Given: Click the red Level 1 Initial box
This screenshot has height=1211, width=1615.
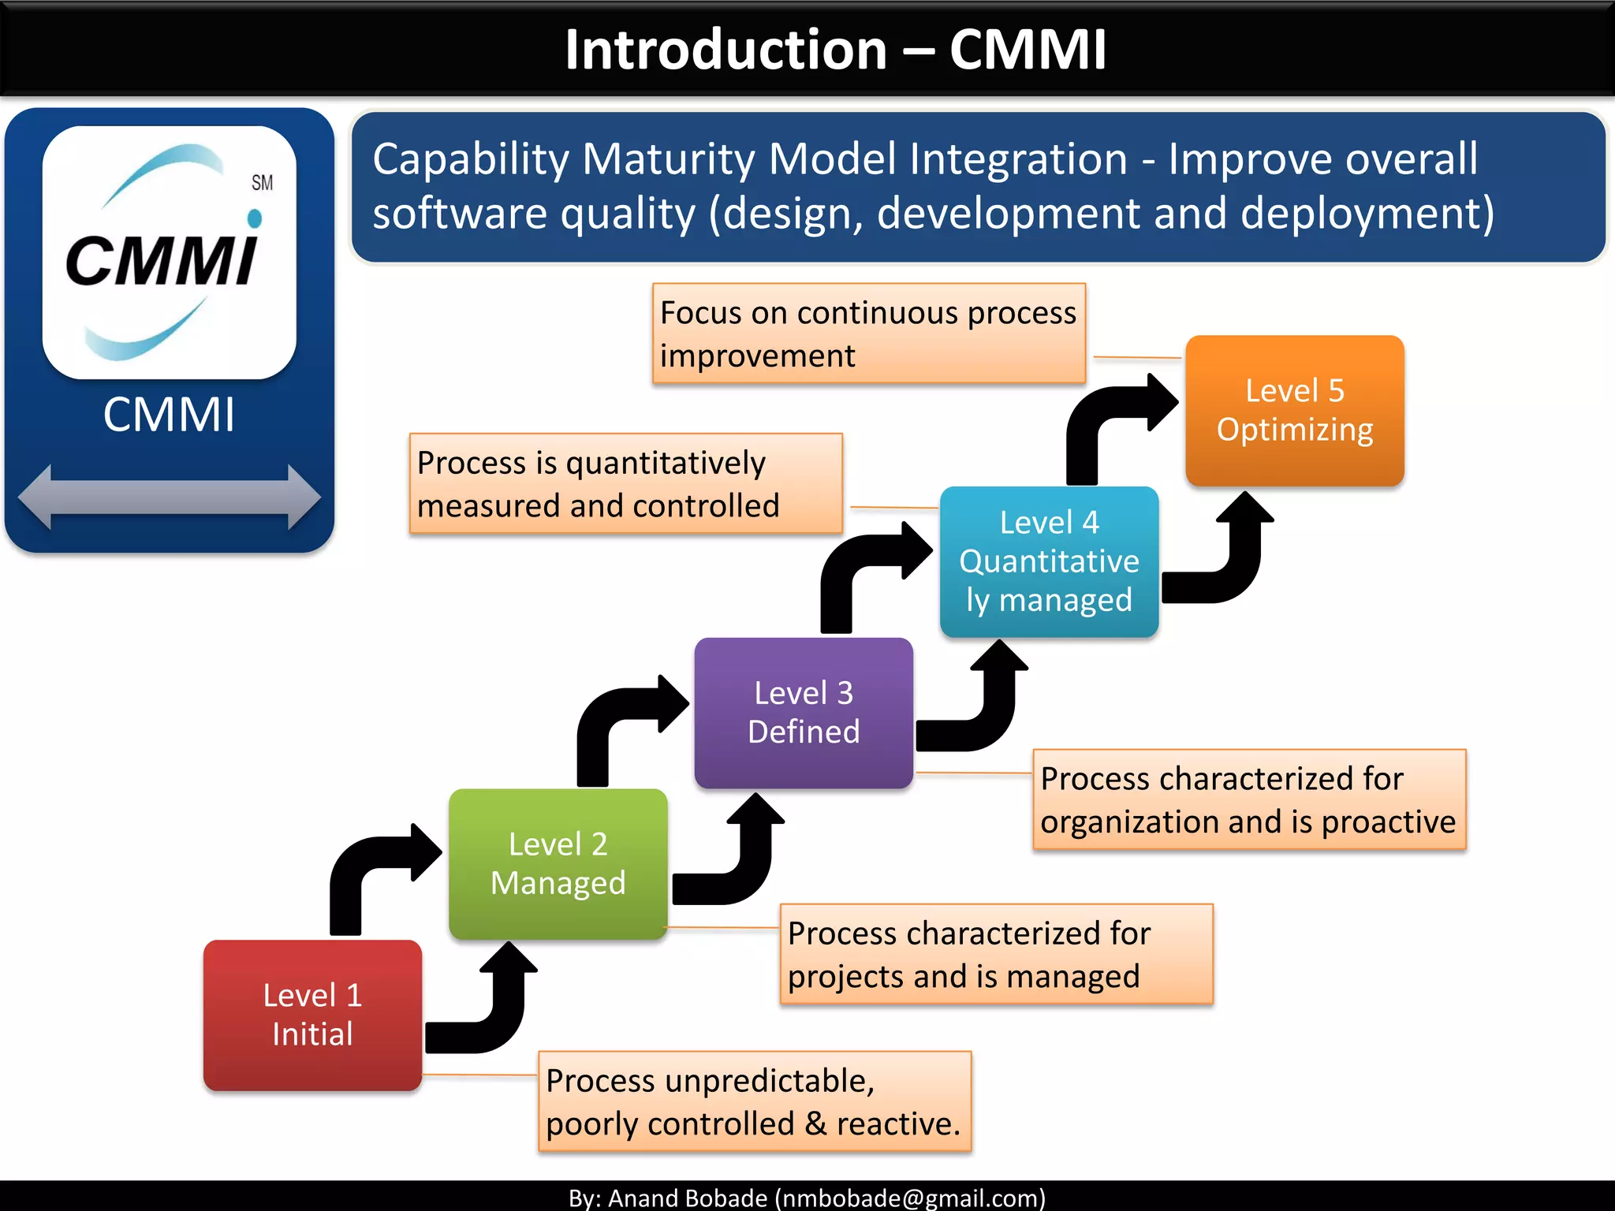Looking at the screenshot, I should (x=312, y=1015).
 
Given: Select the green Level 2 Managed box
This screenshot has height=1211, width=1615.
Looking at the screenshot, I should (x=558, y=863).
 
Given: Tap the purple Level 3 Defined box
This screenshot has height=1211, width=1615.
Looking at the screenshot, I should (x=803, y=712).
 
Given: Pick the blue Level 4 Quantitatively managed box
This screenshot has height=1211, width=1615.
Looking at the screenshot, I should (x=1049, y=561).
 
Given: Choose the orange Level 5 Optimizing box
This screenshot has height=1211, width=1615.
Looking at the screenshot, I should (x=1294, y=410).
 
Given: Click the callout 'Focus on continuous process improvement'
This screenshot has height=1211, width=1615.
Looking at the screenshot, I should (x=868, y=333).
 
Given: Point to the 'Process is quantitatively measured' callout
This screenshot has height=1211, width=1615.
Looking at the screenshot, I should (x=625, y=483).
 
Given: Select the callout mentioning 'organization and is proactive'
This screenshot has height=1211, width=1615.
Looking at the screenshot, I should (x=1249, y=799).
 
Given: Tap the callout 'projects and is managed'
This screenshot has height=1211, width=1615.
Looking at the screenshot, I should (x=996, y=954).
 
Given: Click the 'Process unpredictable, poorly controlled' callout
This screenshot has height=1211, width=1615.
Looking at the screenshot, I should (x=754, y=1101).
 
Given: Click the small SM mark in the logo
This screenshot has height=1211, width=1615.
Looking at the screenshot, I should (x=262, y=183).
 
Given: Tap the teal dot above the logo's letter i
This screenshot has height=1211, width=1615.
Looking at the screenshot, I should (x=255, y=218).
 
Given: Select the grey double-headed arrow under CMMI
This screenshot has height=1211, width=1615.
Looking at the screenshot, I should (x=169, y=497).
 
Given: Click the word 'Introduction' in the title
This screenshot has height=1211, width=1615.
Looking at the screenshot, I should (x=725, y=50).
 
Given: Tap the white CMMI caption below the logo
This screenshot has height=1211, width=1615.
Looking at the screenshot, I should (x=169, y=415).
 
